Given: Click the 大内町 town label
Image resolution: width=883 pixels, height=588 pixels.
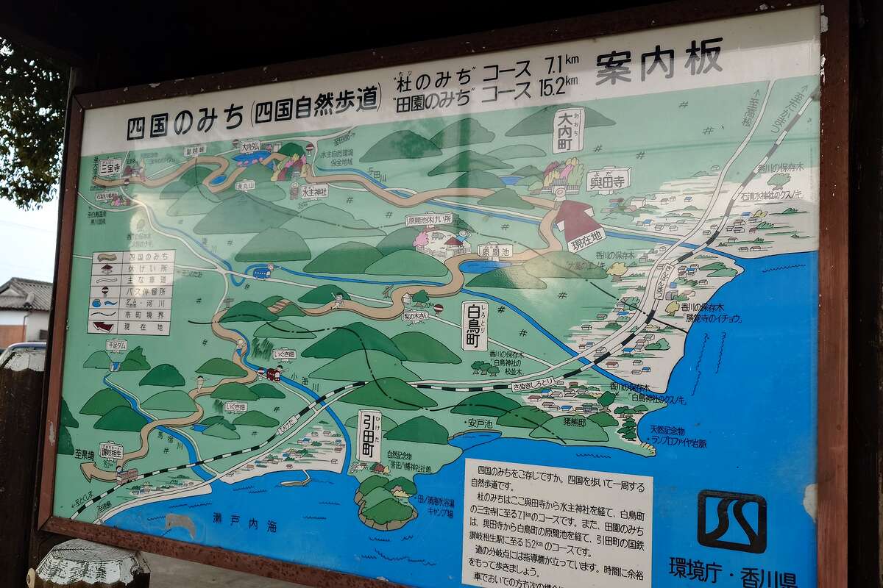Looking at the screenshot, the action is [x=568, y=129].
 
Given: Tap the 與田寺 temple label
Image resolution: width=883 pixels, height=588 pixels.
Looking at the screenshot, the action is [x=609, y=179].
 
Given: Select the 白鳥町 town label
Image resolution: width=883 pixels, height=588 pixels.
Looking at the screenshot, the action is [x=475, y=325].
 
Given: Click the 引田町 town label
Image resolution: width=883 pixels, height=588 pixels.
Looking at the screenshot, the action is [x=368, y=436].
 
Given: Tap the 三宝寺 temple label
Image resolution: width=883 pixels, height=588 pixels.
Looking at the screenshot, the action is [x=110, y=168].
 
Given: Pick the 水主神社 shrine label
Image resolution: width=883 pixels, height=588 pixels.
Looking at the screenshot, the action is [x=315, y=190].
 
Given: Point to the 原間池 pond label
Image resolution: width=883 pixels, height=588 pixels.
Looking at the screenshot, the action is [x=494, y=251].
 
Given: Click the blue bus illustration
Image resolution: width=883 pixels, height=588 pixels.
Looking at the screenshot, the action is [x=262, y=272].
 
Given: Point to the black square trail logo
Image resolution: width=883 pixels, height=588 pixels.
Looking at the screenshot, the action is [x=731, y=520].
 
